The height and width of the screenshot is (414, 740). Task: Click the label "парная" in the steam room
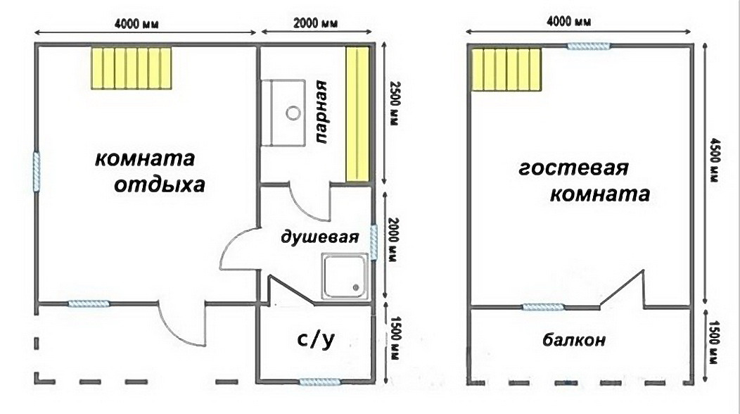(x=321, y=112)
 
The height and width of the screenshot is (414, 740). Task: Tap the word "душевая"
(x=319, y=237)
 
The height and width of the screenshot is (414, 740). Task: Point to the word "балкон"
(x=574, y=339)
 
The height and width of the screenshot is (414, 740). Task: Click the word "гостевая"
(x=574, y=168)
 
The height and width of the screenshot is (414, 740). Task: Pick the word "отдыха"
(x=160, y=184)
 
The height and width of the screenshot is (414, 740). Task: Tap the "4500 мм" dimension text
(x=714, y=160)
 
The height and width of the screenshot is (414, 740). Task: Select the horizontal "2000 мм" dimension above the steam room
(x=315, y=23)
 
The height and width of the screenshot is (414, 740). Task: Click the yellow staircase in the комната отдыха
(x=132, y=68)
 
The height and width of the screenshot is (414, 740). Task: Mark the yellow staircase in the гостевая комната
(x=506, y=70)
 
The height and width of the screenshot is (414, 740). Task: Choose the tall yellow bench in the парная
(x=357, y=114)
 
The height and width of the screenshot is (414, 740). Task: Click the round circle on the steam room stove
(x=293, y=113)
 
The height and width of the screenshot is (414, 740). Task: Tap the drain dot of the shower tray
(x=356, y=287)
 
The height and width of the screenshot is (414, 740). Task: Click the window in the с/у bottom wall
(x=320, y=382)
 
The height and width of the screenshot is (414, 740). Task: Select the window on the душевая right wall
(x=374, y=242)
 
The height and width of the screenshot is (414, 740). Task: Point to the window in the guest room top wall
(x=589, y=46)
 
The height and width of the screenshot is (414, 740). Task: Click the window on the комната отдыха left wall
(x=37, y=171)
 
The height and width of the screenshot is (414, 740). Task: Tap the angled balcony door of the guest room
(x=622, y=288)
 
